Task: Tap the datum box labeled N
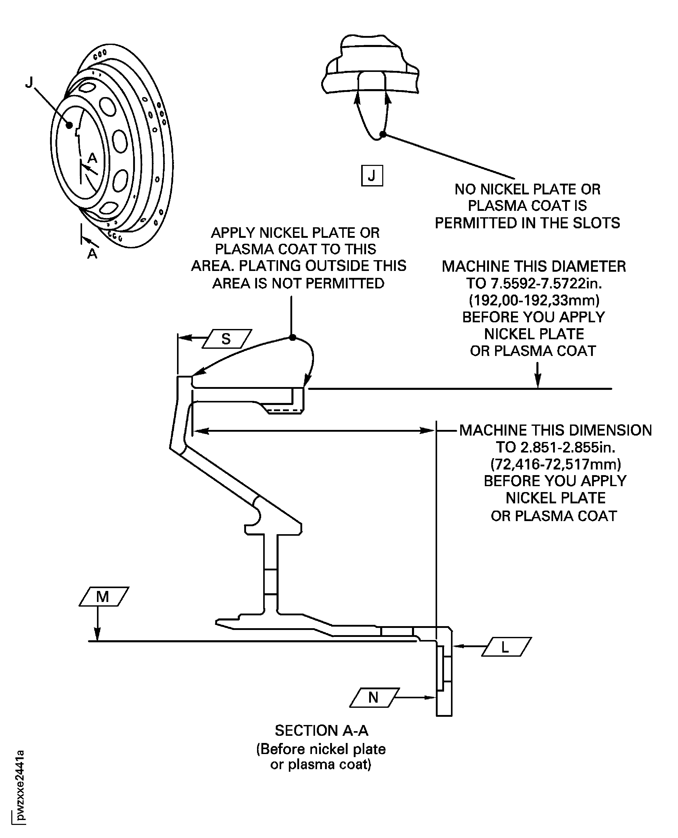tap(375, 698)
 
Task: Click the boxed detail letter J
tap(372, 176)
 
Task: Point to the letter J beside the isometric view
tap(29, 82)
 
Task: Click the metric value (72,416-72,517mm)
tap(556, 464)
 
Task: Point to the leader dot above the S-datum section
tap(292, 337)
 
